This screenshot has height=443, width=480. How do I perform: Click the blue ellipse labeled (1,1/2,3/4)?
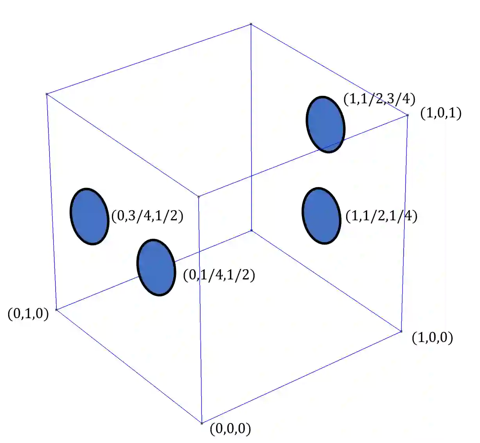325,124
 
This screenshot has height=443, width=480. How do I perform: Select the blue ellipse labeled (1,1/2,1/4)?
321,216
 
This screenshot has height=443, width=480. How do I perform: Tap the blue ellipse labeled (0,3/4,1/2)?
89,216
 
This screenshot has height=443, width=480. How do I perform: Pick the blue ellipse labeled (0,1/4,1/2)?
156,267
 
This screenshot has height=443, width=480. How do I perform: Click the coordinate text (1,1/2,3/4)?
379,99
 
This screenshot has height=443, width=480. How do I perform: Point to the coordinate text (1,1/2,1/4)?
381,216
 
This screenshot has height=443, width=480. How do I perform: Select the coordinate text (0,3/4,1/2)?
147,216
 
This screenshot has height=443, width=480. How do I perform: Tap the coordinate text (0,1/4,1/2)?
219,275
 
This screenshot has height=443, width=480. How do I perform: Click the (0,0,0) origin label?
230,429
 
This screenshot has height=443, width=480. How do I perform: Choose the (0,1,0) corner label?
31,313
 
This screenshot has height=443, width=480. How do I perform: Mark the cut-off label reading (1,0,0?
429,337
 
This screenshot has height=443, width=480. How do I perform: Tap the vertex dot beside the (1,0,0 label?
401,331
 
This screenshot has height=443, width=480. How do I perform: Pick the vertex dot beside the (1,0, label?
407,115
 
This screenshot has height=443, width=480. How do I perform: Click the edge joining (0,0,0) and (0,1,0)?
129,366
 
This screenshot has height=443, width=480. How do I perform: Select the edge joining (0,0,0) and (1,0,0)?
301,377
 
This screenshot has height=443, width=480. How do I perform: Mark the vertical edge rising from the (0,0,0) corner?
200,309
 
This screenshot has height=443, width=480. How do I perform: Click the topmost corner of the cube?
251,24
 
